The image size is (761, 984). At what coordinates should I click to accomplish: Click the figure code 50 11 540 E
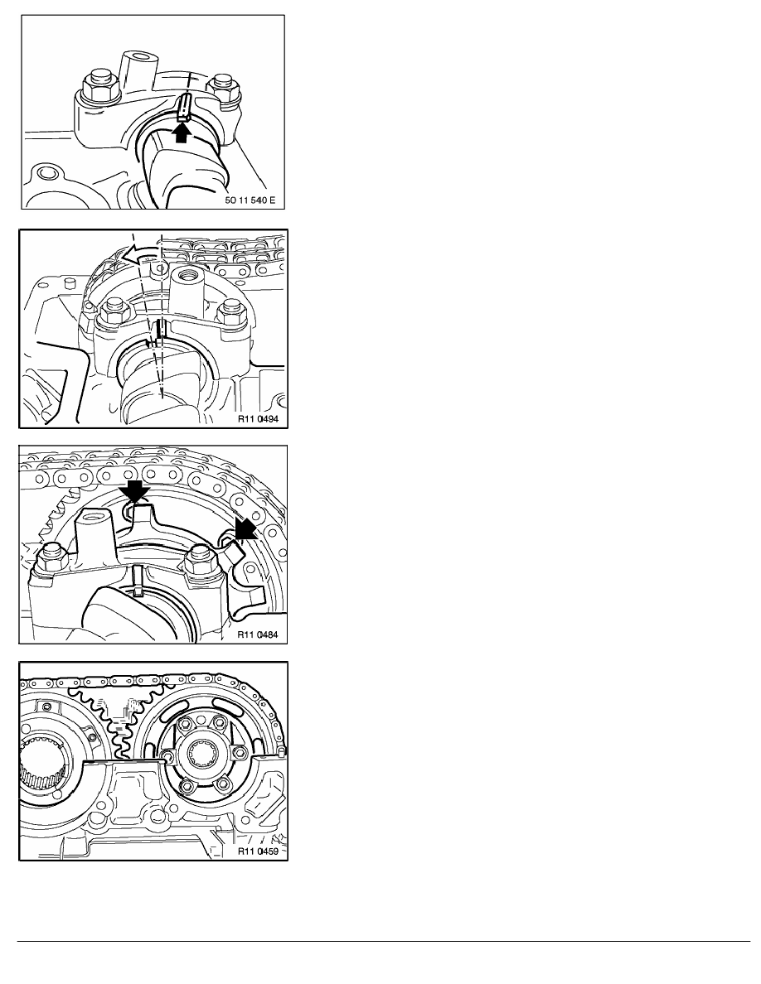point(250,200)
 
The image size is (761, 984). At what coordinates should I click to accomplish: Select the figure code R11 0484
point(258,634)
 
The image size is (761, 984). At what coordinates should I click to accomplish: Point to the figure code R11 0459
point(258,851)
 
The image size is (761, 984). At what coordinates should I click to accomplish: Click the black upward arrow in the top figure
point(181,133)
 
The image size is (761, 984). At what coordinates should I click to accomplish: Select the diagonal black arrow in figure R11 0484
point(245,528)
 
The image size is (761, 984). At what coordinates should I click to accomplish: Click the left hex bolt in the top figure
point(101,84)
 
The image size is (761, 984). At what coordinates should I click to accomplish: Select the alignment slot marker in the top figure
point(183,107)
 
